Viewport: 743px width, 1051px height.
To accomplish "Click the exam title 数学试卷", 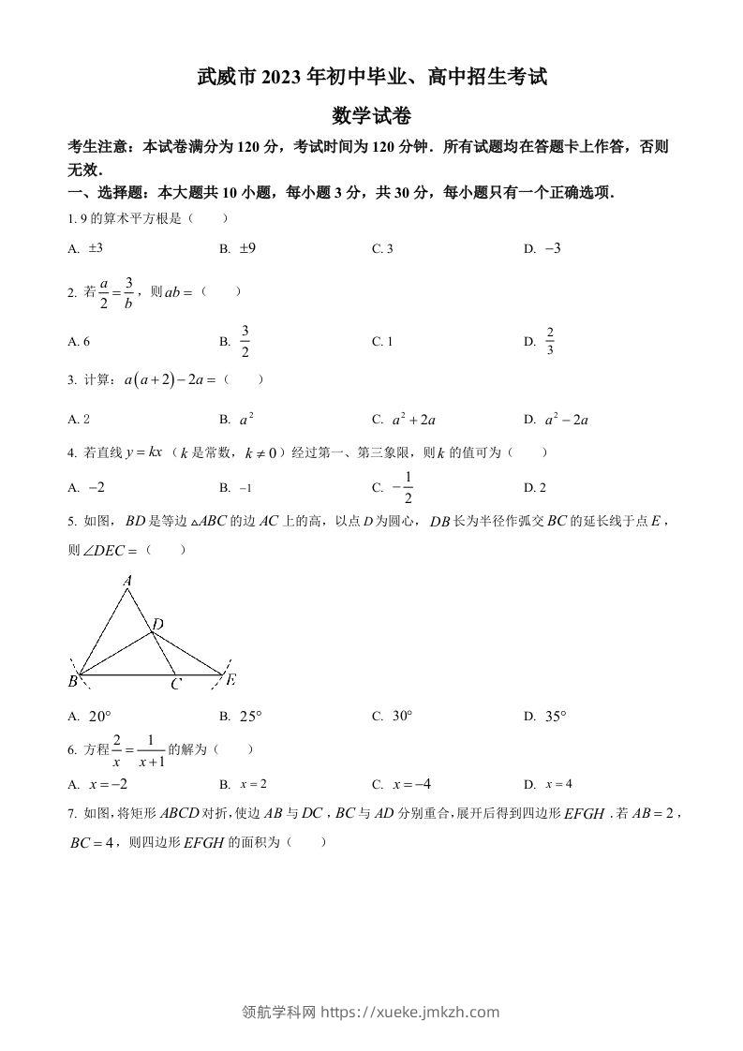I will pyautogui.click(x=371, y=116).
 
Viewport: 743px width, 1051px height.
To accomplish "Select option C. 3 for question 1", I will pyautogui.click(x=382, y=249).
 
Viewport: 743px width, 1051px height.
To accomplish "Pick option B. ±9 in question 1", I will pyautogui.click(x=238, y=249).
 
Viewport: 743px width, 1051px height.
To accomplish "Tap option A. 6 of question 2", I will pyautogui.click(x=79, y=342).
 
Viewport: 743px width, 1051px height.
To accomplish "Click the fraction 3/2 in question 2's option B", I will pyautogui.click(x=245, y=342).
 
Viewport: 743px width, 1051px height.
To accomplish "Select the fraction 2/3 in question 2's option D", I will pyautogui.click(x=550, y=342).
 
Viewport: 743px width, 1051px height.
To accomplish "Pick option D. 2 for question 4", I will pyautogui.click(x=535, y=487).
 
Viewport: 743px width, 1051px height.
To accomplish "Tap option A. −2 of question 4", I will pyautogui.click(x=86, y=487).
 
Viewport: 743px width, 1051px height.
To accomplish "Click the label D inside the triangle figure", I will pyautogui.click(x=157, y=625).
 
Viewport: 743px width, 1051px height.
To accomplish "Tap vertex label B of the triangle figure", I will pyautogui.click(x=72, y=682).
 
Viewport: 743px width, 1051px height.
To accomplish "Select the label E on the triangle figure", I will pyautogui.click(x=230, y=679).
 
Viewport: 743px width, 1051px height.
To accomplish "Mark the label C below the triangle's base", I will pyautogui.click(x=175, y=685).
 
